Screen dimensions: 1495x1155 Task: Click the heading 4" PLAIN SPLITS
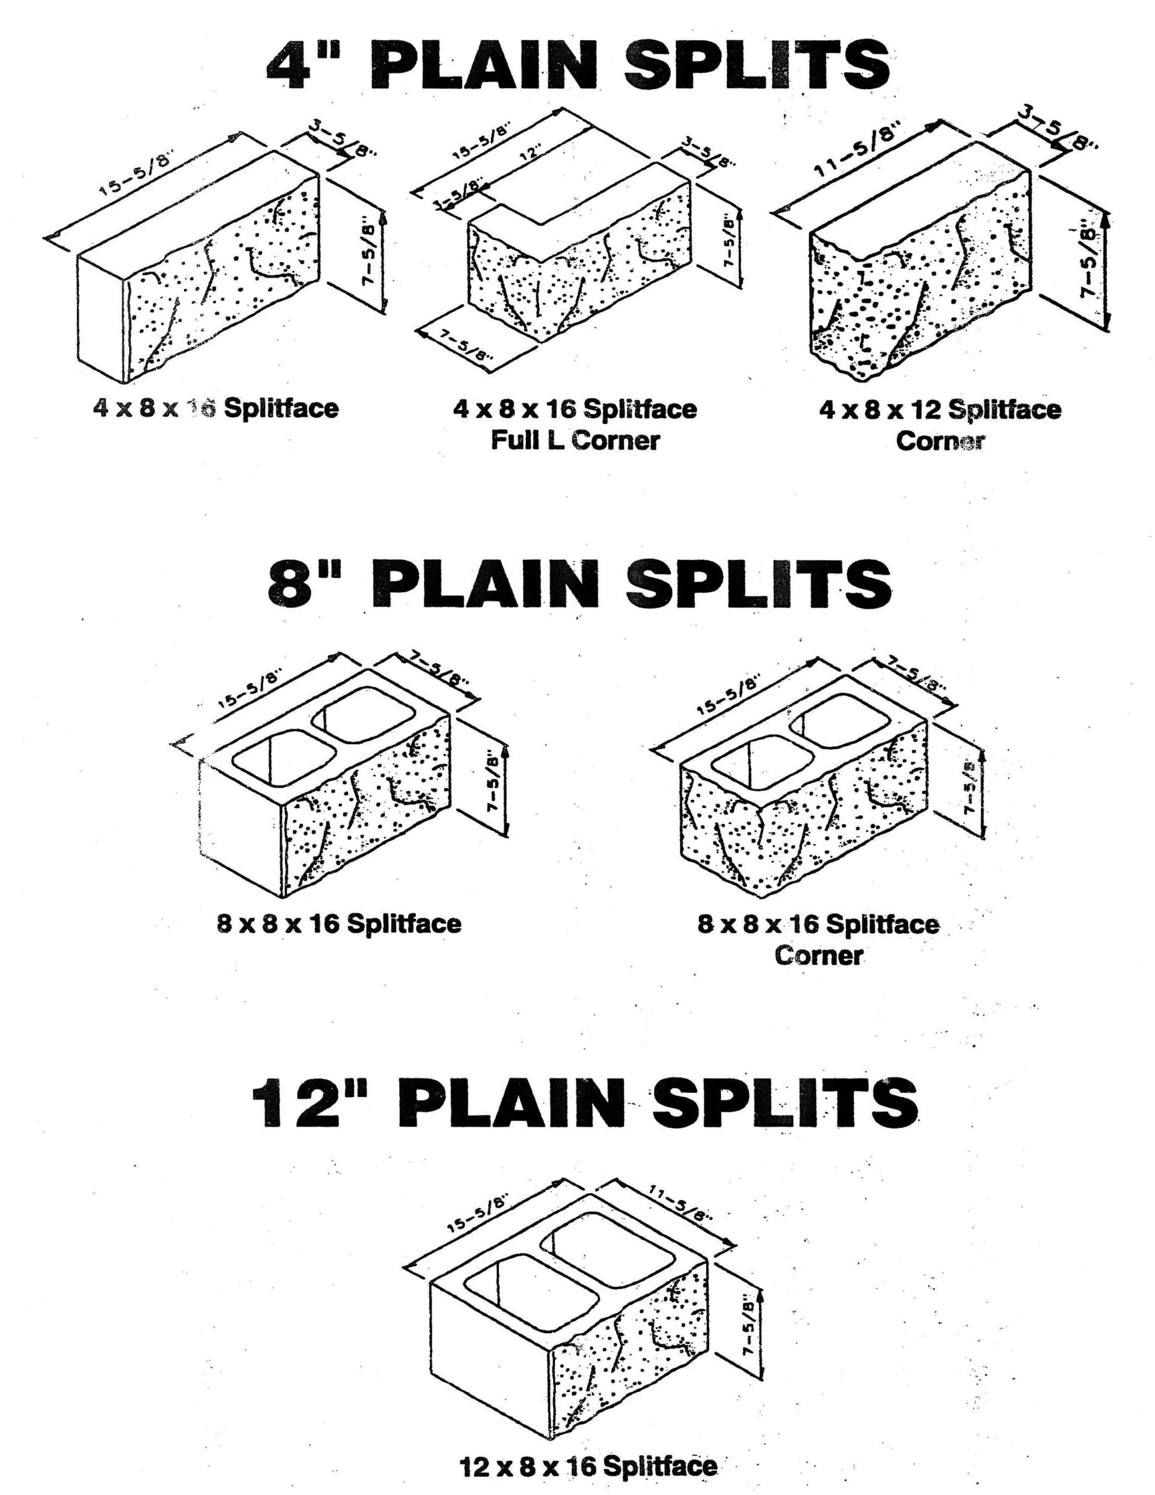click(x=577, y=67)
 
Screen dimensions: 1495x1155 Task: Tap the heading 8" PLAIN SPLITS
click(x=579, y=583)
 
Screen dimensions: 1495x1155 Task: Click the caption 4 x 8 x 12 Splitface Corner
click(x=940, y=425)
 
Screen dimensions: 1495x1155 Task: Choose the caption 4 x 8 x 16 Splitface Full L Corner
click(x=575, y=425)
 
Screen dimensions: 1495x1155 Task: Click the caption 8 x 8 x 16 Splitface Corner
click(x=818, y=938)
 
